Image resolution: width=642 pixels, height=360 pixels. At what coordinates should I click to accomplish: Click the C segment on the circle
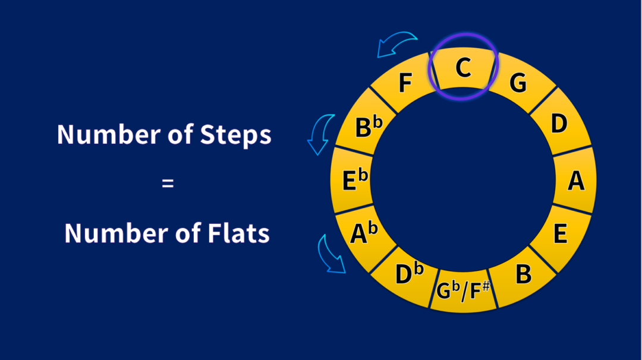point(463,69)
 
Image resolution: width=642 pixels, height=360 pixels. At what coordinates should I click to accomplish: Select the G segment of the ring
point(518,83)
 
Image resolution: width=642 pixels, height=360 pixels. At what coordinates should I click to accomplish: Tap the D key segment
point(559,124)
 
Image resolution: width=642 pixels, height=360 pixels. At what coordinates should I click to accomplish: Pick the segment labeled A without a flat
point(575,180)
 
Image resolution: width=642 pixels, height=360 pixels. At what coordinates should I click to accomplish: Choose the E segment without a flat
point(560,234)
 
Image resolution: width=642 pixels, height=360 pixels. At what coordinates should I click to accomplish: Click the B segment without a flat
point(523,275)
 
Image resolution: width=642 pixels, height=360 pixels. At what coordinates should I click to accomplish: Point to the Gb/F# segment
point(463,291)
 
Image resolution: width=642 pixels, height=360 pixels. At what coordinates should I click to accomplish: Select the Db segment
point(409,274)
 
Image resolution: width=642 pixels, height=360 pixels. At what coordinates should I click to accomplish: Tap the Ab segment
point(364,233)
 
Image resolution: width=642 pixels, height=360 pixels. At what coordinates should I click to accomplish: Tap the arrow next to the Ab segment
point(331,254)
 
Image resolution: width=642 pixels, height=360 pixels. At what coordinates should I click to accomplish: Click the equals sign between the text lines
point(168,184)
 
